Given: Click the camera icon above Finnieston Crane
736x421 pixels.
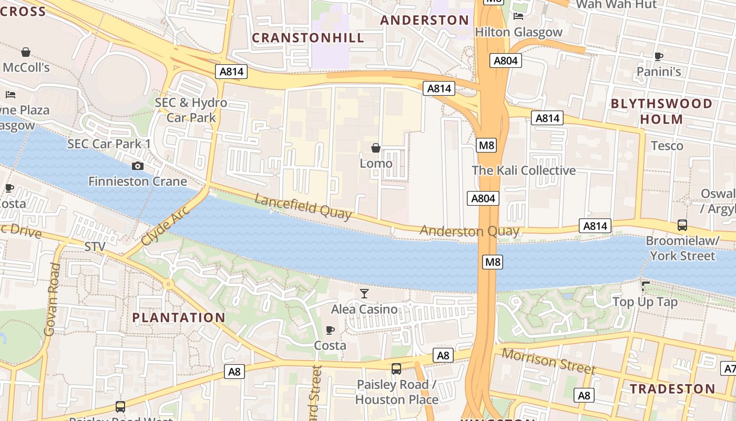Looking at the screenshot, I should click(x=137, y=166).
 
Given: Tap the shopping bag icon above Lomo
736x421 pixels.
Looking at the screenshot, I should click(x=376, y=148).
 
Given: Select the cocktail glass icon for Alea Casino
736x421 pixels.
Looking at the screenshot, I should click(x=364, y=293).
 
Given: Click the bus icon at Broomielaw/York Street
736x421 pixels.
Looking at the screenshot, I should click(x=682, y=225).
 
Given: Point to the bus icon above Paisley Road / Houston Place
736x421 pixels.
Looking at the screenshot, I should click(x=396, y=369).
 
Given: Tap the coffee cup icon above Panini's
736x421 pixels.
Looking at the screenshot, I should click(x=658, y=56).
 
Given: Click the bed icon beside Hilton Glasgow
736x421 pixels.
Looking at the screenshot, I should click(x=518, y=16).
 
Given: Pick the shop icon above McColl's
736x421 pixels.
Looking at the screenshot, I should click(x=25, y=52).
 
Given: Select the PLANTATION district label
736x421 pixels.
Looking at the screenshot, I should click(x=178, y=317).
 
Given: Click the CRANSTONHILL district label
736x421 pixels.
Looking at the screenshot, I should click(x=308, y=38).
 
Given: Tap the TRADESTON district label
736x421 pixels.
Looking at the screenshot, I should click(x=672, y=389).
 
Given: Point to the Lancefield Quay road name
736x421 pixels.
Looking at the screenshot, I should click(x=303, y=206).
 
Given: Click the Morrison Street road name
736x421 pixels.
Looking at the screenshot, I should click(x=548, y=361).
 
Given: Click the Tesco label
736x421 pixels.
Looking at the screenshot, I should click(x=667, y=146).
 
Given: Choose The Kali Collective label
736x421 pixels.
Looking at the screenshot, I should click(x=523, y=171).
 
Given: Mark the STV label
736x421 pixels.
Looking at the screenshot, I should click(x=95, y=246).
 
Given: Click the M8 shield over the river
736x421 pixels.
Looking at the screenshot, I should click(x=492, y=262).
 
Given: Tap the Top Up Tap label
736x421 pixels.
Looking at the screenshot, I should click(x=645, y=302).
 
